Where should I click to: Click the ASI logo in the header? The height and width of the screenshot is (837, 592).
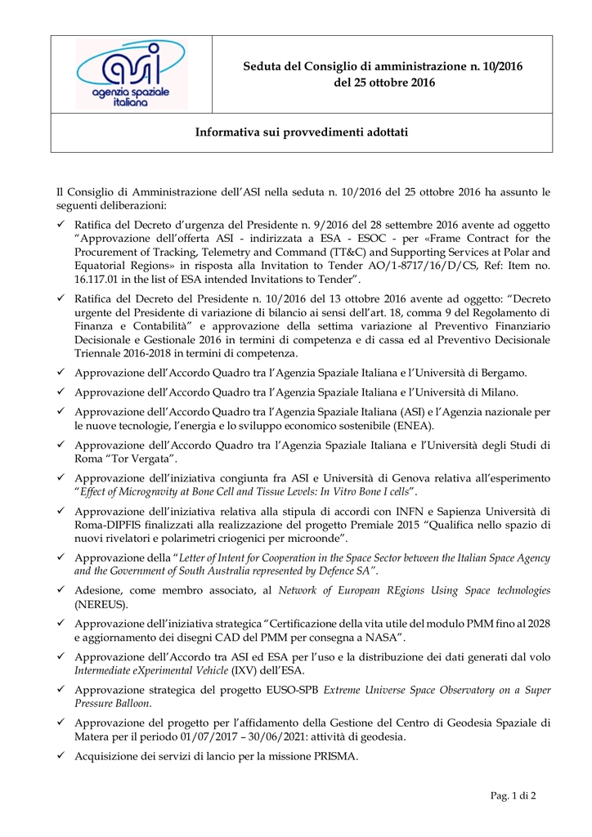pyautogui.click(x=131, y=74)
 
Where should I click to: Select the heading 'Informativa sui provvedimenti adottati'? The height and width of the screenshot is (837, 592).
pyautogui.click(x=301, y=132)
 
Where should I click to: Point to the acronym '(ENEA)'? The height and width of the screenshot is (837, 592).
pyautogui.click(x=414, y=426)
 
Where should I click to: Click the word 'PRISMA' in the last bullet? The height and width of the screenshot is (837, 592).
pyautogui.click(x=331, y=757)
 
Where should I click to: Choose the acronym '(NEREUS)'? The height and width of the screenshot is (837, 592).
pyautogui.click(x=100, y=606)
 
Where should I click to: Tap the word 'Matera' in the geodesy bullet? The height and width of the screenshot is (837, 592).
pyautogui.click(x=93, y=736)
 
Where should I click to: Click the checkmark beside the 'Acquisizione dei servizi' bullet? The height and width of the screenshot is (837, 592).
pyautogui.click(x=61, y=757)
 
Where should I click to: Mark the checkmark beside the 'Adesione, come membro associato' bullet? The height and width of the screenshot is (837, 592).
pyautogui.click(x=61, y=590)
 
